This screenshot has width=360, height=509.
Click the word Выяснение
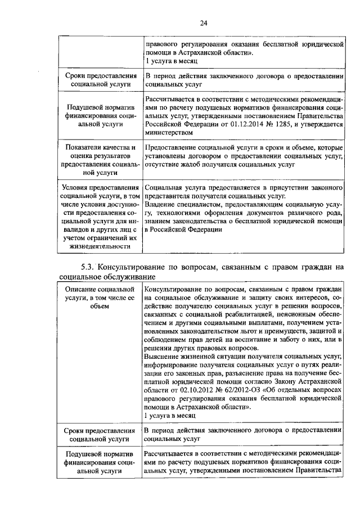point(164,355)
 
